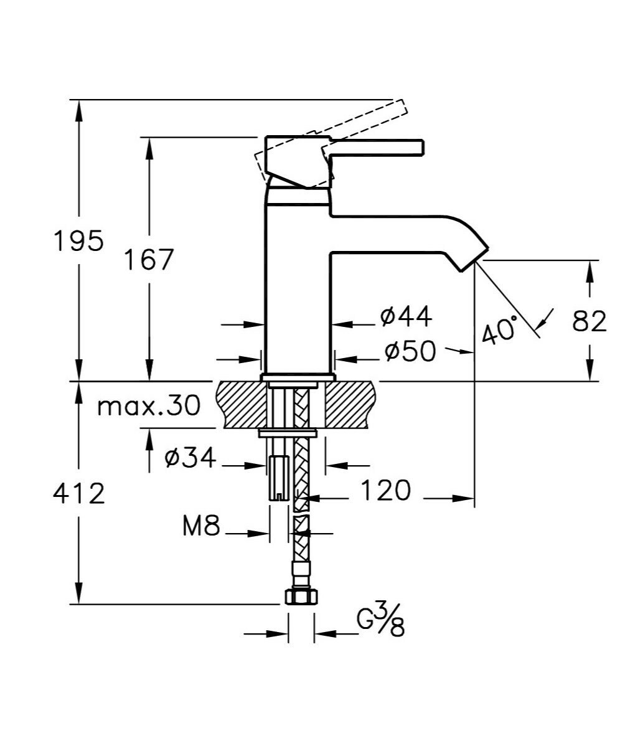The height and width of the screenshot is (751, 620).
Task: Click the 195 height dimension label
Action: click(x=78, y=240)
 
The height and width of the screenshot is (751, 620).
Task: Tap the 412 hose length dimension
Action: click(x=78, y=494)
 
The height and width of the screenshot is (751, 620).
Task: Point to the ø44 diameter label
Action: click(x=406, y=318)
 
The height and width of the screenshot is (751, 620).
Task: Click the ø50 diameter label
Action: click(x=410, y=352)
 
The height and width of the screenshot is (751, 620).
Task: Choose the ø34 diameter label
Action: click(x=190, y=458)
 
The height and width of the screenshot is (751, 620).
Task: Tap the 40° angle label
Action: click(x=499, y=329)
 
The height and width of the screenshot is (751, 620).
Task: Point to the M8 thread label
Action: click(x=202, y=527)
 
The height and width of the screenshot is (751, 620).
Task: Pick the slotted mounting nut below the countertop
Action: click(x=278, y=478)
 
